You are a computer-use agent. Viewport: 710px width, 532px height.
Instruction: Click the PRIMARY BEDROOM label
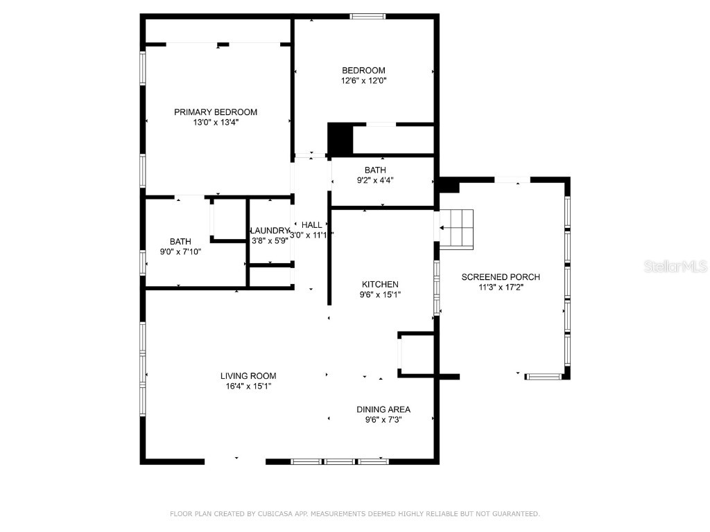click(x=215, y=112)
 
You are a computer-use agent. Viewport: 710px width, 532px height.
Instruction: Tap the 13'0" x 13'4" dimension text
click(x=215, y=123)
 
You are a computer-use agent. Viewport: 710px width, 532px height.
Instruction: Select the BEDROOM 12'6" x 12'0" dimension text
click(x=363, y=80)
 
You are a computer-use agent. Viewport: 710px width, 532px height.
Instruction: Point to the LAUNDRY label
click(x=269, y=231)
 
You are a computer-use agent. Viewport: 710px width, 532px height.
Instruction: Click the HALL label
click(x=311, y=225)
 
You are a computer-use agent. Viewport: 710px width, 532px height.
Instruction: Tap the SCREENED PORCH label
click(x=501, y=277)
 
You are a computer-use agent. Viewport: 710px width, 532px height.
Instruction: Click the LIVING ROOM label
click(x=248, y=376)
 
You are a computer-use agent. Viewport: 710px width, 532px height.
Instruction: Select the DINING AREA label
click(x=383, y=409)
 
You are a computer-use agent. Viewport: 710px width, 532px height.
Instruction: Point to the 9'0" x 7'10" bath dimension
click(x=180, y=251)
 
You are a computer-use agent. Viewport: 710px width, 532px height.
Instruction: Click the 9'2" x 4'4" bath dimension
click(x=375, y=180)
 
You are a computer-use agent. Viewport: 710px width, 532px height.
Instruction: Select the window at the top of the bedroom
click(x=367, y=16)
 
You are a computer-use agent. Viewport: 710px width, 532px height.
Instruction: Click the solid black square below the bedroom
click(x=340, y=139)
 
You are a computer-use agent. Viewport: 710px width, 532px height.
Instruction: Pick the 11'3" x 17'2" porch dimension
click(x=501, y=287)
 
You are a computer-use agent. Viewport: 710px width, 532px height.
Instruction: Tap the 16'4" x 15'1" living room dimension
click(x=248, y=386)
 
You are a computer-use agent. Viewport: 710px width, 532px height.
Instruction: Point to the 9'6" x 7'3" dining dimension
click(x=383, y=420)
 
